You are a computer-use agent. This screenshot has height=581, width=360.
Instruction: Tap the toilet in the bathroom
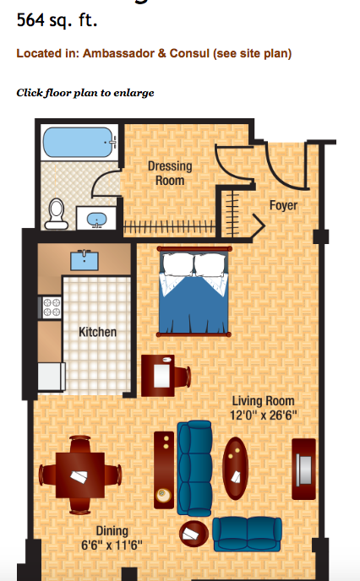point(57,214)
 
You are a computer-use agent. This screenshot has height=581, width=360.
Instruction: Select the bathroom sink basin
point(97,220)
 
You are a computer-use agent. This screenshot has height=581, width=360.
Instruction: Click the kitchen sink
point(85,260)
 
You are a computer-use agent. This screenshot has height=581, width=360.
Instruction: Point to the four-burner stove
point(52,307)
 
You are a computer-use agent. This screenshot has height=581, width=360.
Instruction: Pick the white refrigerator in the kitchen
point(52,377)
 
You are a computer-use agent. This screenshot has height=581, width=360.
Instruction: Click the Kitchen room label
point(97,332)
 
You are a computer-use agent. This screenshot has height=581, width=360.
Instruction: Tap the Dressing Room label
point(170,173)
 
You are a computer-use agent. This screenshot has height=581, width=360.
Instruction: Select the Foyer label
point(283,205)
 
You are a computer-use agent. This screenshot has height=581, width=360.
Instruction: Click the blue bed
point(194,291)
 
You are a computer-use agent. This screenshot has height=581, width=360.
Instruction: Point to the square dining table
point(80,475)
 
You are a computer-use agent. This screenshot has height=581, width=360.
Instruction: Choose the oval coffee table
point(235,469)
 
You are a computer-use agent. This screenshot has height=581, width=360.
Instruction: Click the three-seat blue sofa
point(194,469)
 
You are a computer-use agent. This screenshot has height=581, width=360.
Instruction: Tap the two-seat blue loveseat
point(247,535)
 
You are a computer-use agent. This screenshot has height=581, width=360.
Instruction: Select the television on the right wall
point(304,470)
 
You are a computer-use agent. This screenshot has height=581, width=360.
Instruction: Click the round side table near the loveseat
point(194,534)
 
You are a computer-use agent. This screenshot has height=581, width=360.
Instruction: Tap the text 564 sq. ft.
point(57,20)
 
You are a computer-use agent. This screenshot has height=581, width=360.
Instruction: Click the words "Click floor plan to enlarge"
point(85,93)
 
